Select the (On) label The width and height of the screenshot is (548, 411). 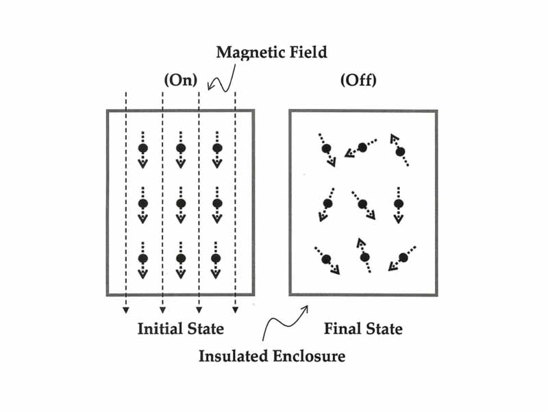180,80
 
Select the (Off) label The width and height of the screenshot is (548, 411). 358,80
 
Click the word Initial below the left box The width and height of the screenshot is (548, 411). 160,328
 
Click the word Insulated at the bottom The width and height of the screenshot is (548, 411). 233,356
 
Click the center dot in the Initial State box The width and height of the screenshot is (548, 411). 180,203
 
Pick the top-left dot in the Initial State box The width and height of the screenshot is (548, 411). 143,149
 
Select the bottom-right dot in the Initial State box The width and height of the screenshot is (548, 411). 216,258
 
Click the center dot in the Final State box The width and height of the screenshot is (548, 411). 362,204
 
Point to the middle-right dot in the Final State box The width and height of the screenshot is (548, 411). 399,203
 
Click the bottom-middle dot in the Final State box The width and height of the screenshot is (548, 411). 365,258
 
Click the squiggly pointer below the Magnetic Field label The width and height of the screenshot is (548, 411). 222,82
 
